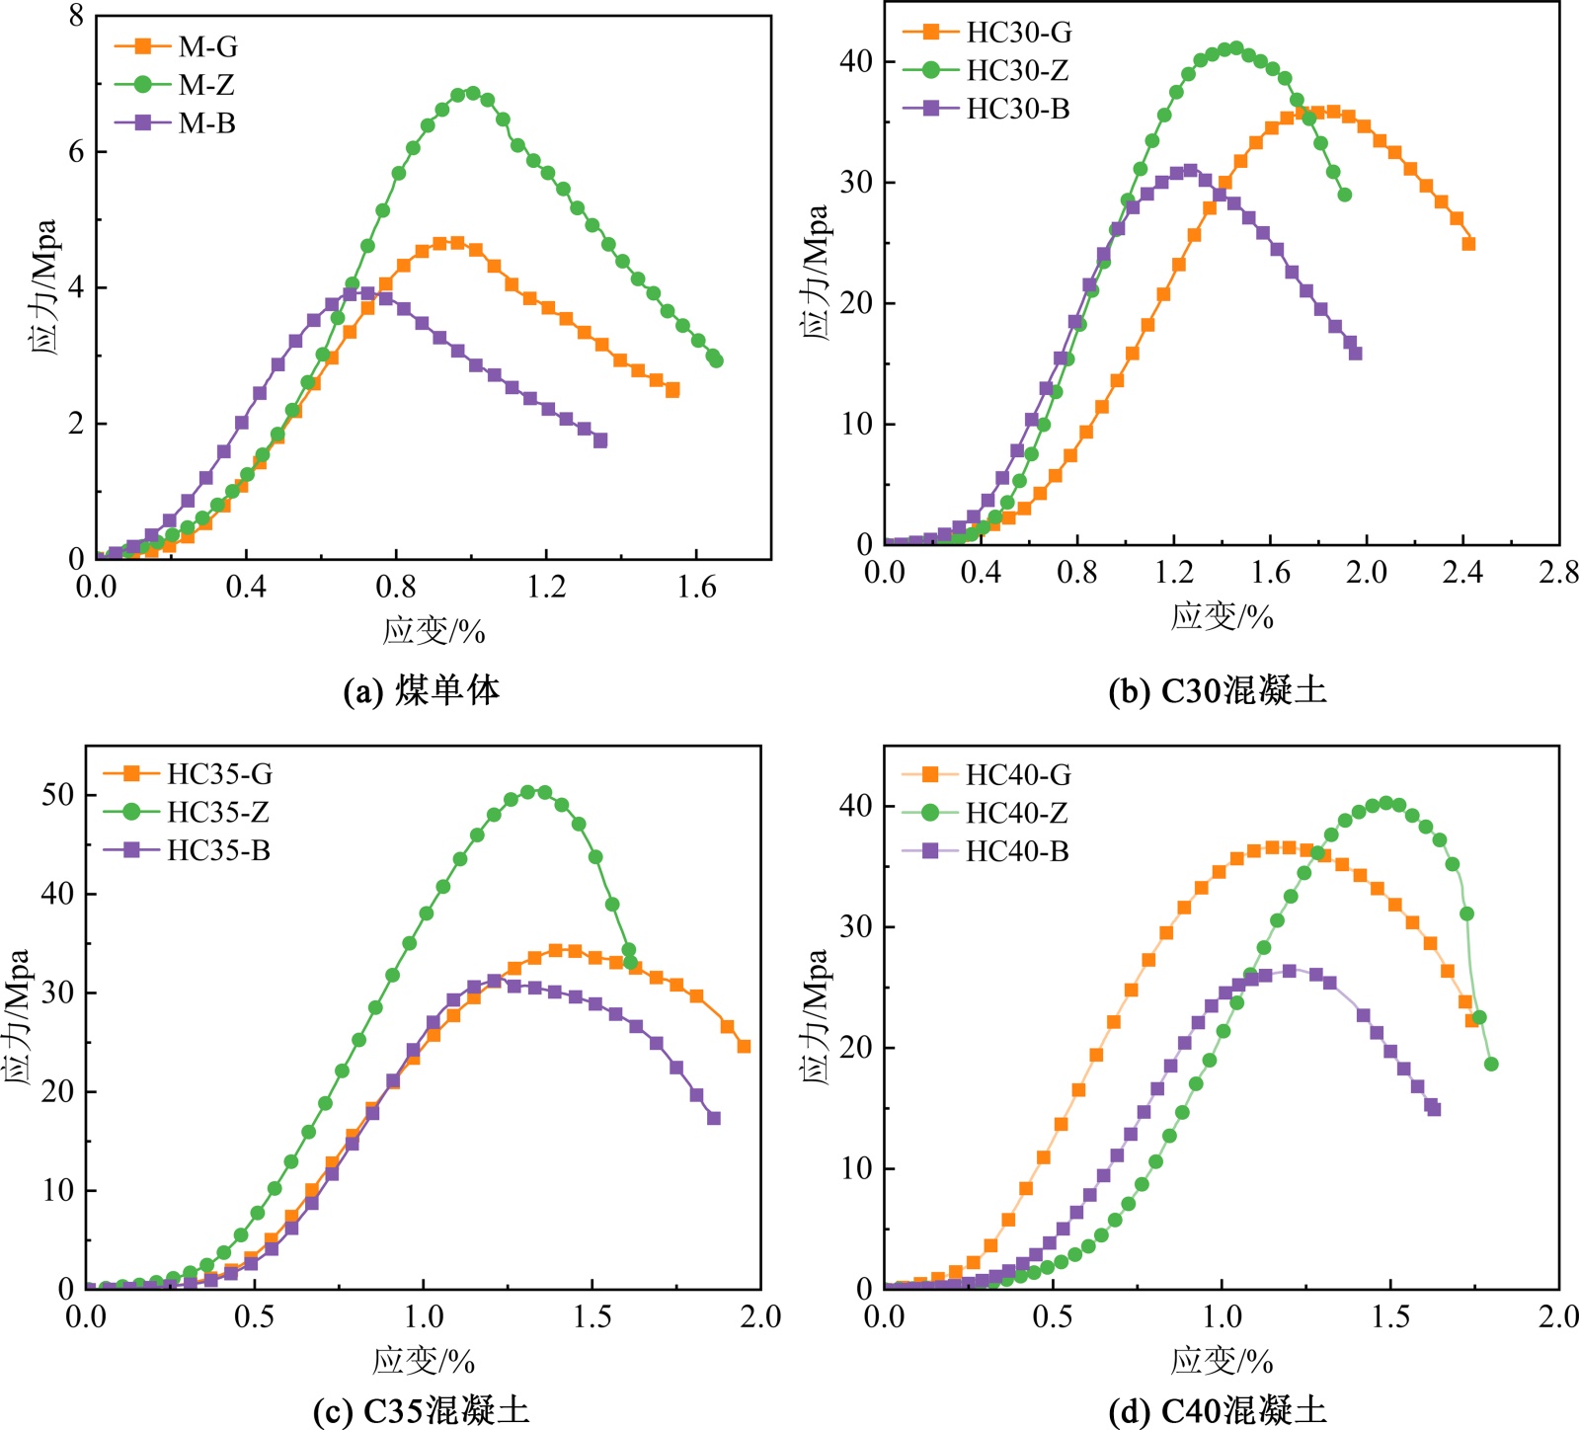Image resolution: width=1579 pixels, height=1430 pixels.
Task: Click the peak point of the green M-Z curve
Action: pos(472,94)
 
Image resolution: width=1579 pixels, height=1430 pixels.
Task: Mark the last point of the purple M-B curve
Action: pos(599,440)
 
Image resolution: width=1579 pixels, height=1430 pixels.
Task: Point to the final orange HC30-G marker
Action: pos(1468,244)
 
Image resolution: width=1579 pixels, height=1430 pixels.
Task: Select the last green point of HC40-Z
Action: pos(1491,1064)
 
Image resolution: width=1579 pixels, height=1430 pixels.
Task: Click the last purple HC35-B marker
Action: pos(714,1118)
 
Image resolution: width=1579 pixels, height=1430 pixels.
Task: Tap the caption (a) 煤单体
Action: pos(422,690)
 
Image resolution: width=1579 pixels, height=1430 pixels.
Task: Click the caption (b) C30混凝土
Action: pos(1218,690)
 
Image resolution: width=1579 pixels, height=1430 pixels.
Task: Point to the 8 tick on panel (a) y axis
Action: pos(76,17)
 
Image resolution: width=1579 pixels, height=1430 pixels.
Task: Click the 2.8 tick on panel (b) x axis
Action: pos(1557,573)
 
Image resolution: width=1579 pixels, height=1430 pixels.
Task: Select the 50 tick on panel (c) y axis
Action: pos(57,795)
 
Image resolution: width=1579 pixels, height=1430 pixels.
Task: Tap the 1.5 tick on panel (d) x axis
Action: pos(1389,1316)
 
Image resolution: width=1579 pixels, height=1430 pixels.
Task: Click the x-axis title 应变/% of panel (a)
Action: pos(434,631)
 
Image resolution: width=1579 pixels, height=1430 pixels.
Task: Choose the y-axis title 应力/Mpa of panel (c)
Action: pos(17,1016)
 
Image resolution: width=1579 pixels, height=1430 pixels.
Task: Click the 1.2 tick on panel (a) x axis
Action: pos(546,588)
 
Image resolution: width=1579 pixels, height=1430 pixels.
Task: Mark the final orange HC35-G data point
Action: pos(744,1046)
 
